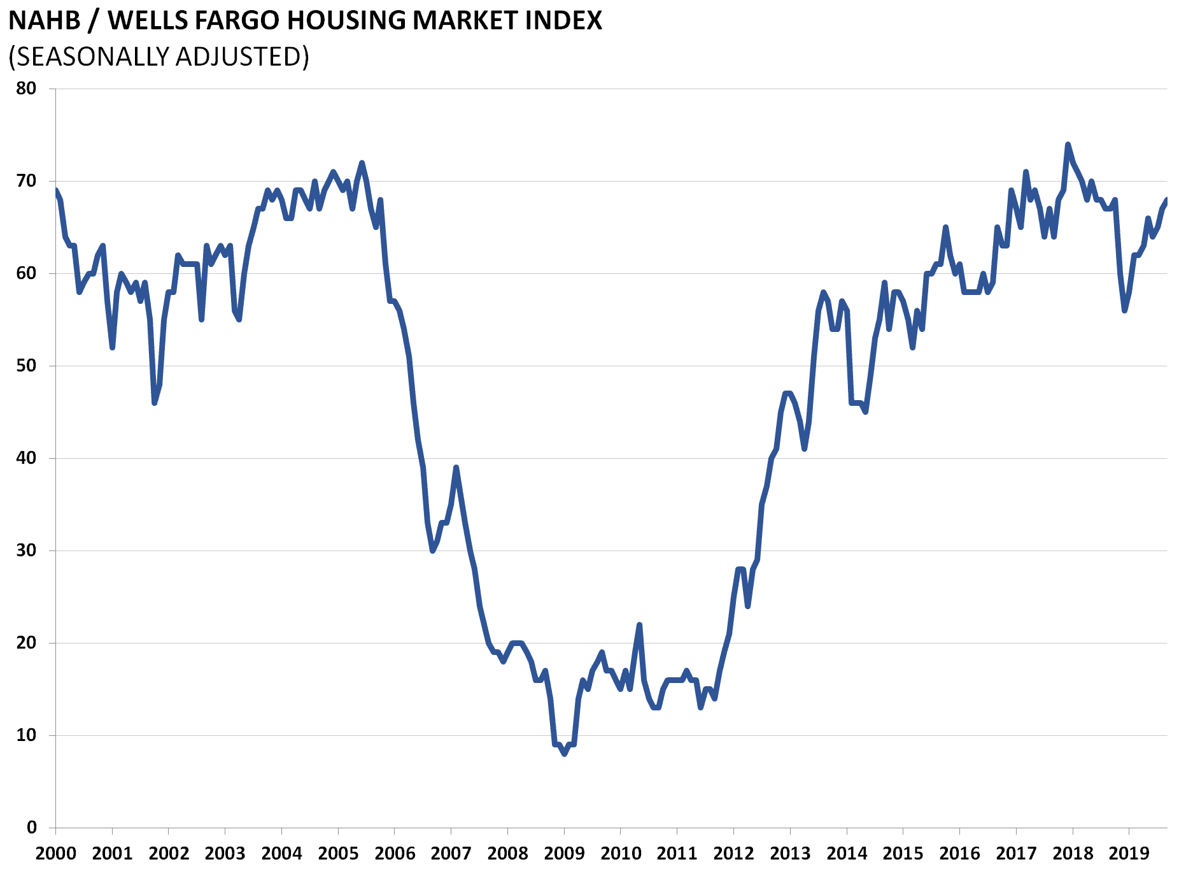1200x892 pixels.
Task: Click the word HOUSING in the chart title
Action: click(346, 21)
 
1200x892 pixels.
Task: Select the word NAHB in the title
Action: click(45, 21)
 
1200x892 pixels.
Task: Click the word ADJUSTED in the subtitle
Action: click(242, 57)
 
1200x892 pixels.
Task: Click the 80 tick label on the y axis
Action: click(26, 89)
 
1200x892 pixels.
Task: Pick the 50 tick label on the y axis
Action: click(26, 366)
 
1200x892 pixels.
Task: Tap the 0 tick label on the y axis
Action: click(31, 828)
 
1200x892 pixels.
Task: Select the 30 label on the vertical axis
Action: click(26, 550)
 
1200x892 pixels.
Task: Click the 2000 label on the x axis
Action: click(55, 854)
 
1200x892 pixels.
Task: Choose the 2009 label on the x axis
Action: click(564, 854)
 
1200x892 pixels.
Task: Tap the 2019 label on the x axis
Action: click(1129, 854)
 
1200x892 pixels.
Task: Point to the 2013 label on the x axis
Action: click(790, 854)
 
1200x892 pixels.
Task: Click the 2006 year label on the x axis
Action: click(395, 854)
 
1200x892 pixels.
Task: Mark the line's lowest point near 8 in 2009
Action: click(564, 754)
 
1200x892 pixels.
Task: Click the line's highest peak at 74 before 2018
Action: click(1068, 145)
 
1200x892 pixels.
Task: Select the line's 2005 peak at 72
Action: click(362, 163)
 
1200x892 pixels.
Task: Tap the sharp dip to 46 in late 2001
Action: click(154, 403)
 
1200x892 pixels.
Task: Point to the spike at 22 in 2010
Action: click(639, 625)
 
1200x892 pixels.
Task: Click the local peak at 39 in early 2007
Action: click(456, 468)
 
